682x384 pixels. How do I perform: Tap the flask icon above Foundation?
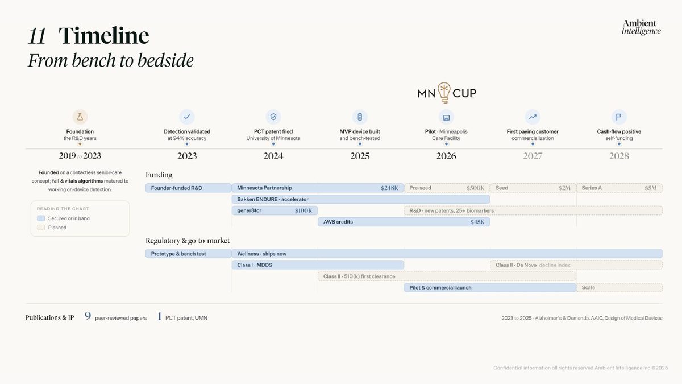tap(80, 117)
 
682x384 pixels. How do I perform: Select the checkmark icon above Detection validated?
tap(187, 117)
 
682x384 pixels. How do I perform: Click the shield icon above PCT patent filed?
tap(273, 117)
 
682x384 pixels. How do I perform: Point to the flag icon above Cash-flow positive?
tap(619, 117)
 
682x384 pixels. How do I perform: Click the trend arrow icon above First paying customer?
tap(533, 117)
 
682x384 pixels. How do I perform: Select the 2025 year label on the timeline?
tap(360, 156)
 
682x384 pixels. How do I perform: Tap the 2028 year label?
tap(619, 156)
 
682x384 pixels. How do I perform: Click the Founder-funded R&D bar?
tap(188, 188)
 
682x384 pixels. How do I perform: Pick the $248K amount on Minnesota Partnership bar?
tap(389, 188)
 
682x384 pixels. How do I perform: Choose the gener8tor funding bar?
tap(275, 210)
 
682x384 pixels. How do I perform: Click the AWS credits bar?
tap(404, 222)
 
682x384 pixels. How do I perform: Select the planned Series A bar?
tap(619, 188)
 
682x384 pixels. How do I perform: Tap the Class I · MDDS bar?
tap(318, 265)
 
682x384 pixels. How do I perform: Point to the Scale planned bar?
tap(619, 287)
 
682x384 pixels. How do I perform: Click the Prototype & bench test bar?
tap(188, 254)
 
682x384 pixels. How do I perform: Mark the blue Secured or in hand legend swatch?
tap(41, 218)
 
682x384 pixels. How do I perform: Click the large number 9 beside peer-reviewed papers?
tap(88, 316)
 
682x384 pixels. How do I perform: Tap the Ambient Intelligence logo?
tap(641, 27)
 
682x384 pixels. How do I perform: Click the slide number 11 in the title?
tap(37, 36)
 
